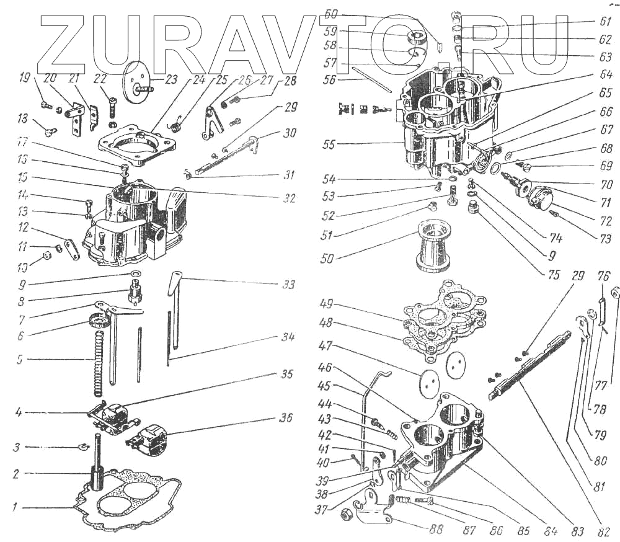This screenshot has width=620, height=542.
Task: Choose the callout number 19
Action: coord(25,79)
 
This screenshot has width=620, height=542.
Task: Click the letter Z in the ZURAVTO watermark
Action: coord(64,43)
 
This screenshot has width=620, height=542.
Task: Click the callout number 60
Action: coord(331,14)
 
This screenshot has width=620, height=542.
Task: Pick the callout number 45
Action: coord(342,386)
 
